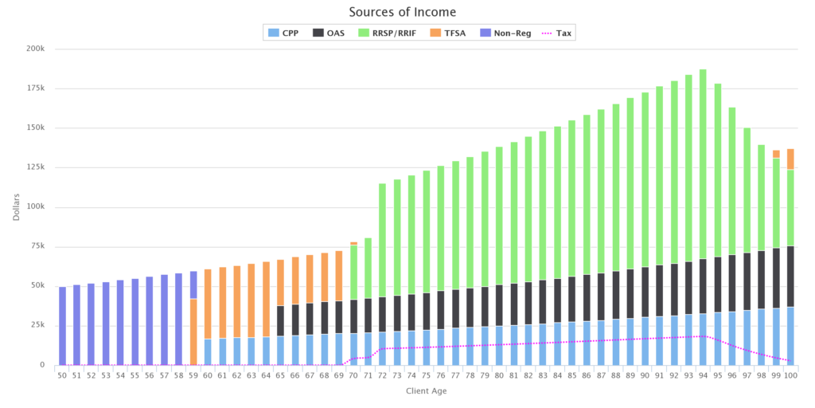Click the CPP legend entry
tap(283, 33)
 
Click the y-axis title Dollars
tap(17, 206)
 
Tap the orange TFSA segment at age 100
tap(790, 159)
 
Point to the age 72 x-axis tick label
tap(382, 375)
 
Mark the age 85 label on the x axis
tap(571, 375)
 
